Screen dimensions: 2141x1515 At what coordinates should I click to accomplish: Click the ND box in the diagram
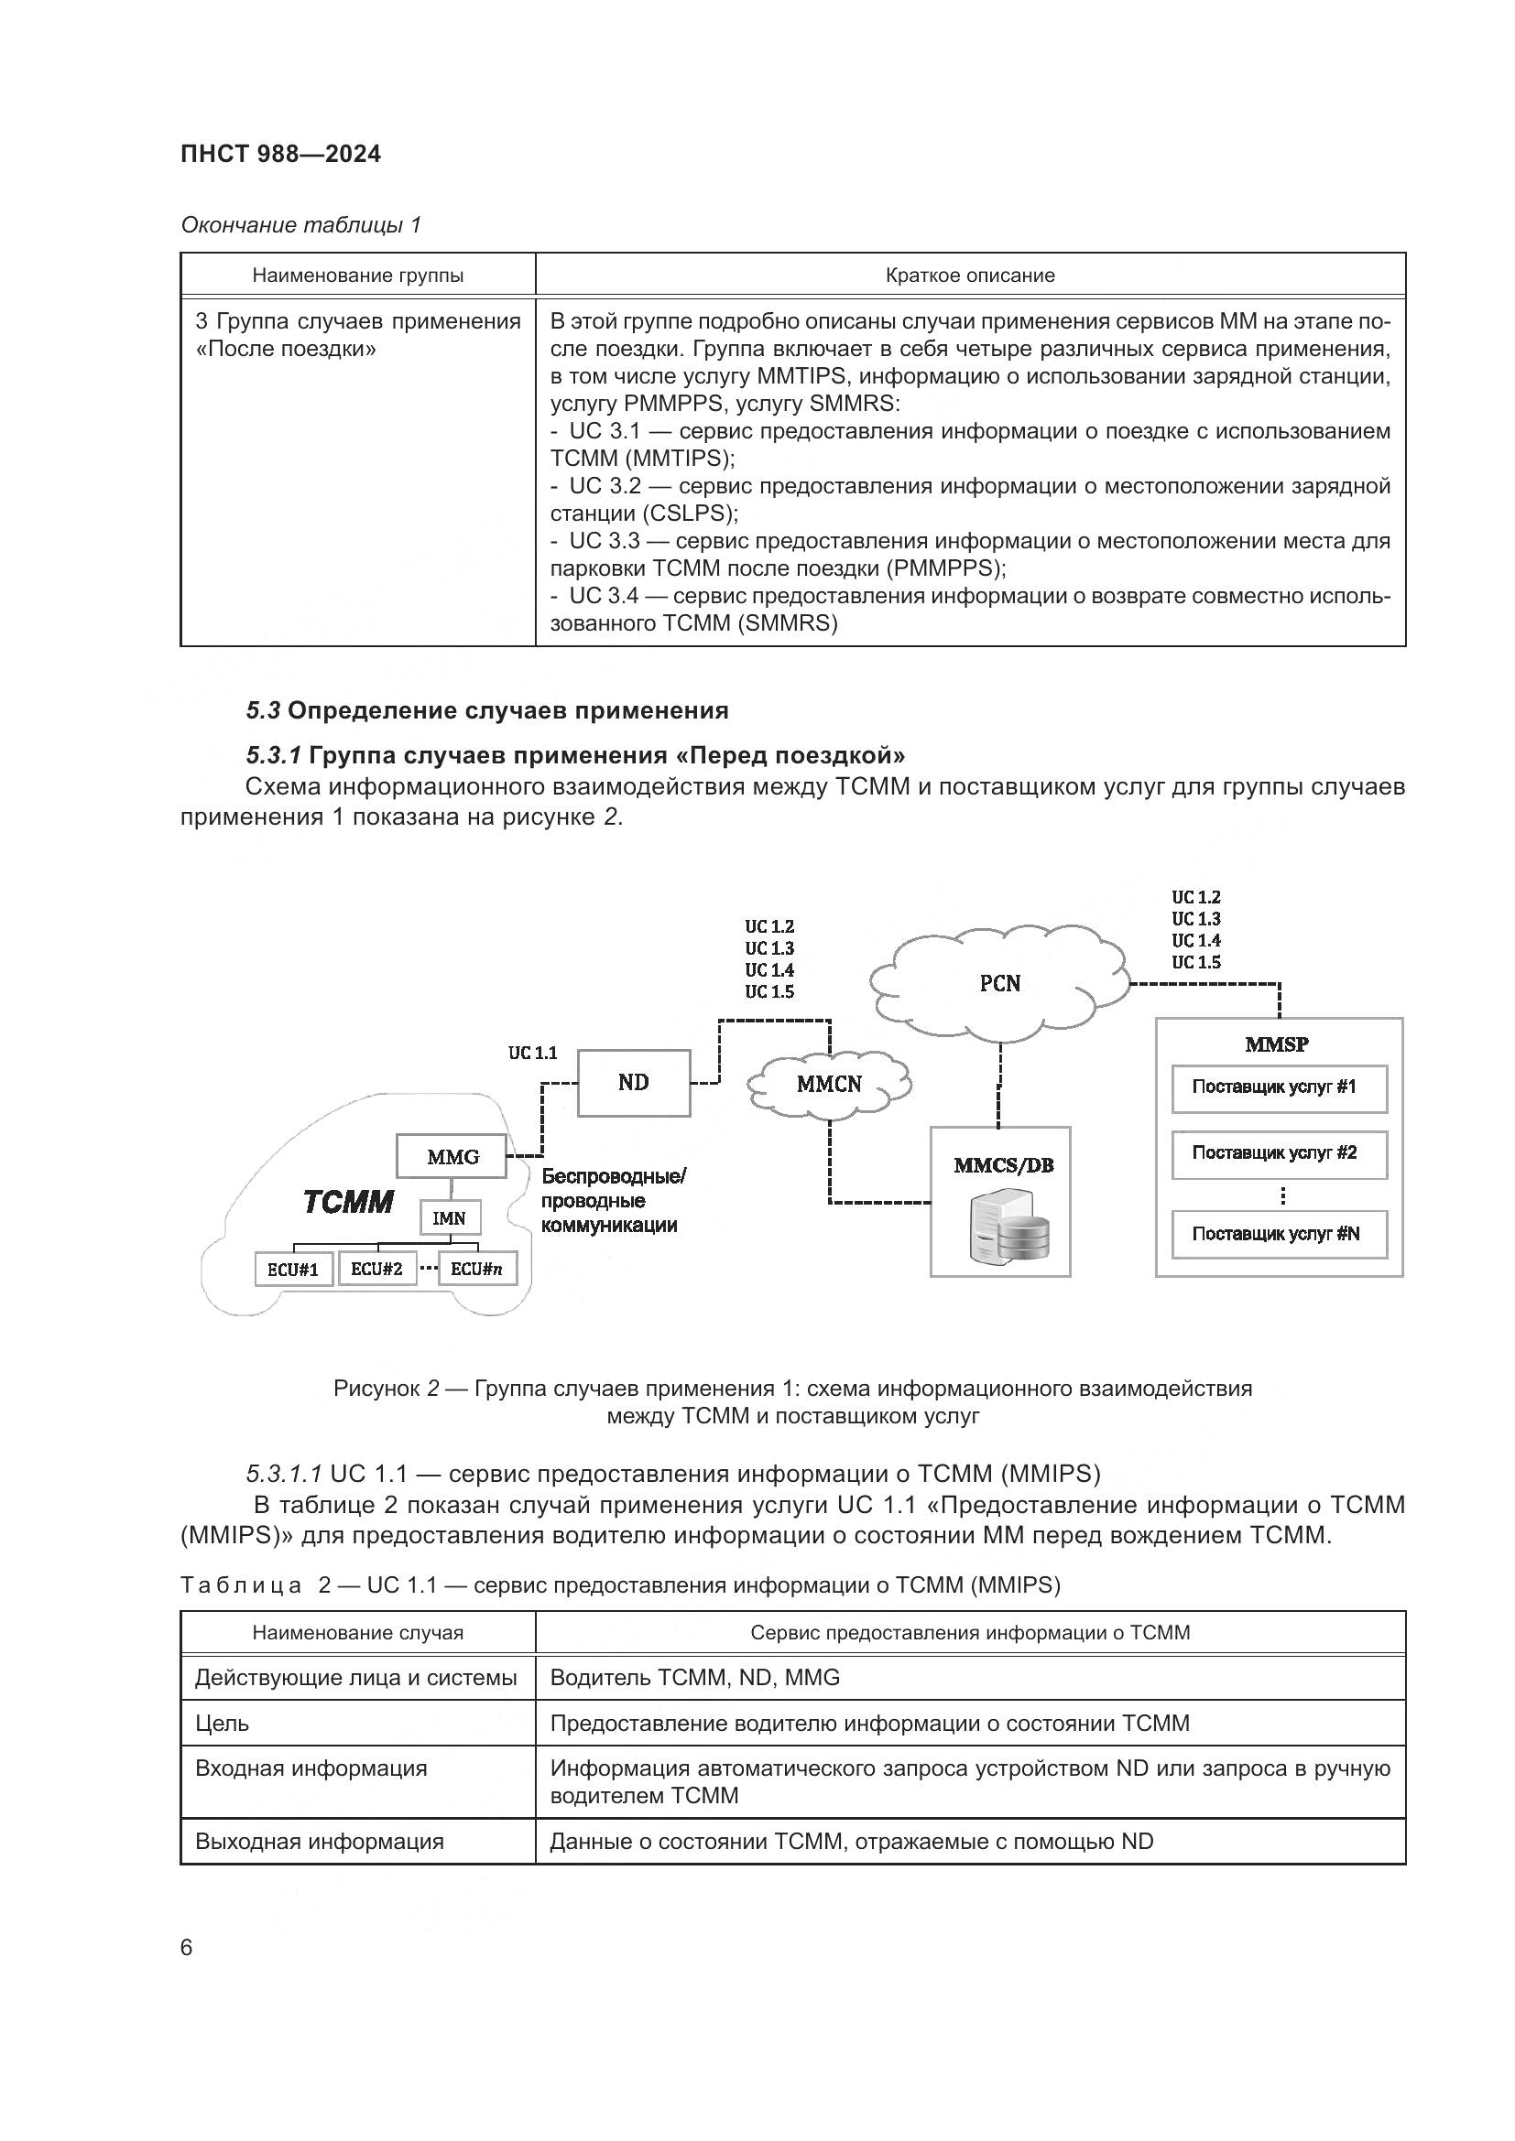coord(634,1083)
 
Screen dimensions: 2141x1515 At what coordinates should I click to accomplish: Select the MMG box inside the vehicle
coord(452,1156)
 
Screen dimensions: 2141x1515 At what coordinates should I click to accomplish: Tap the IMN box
coord(450,1217)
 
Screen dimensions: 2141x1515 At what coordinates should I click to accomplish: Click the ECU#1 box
coord(293,1269)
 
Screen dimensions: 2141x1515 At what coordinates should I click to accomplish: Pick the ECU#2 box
coord(376,1268)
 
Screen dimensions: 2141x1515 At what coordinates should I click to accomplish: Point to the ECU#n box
coord(476,1268)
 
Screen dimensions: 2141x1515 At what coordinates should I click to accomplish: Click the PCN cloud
coord(1000,983)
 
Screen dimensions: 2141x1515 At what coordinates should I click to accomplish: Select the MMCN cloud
coord(829,1084)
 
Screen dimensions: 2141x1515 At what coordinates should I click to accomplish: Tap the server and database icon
coord(1001,1231)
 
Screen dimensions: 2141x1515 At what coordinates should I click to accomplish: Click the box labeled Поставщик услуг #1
coord(1279,1088)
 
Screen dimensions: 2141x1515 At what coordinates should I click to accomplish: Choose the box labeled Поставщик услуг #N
coord(1279,1234)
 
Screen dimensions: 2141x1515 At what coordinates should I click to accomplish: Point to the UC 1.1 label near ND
coord(533,1053)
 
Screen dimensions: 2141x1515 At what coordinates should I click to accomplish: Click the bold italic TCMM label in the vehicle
coord(348,1202)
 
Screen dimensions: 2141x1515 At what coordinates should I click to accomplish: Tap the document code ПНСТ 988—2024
coord(281,155)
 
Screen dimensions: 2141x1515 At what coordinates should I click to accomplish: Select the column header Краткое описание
coord(970,276)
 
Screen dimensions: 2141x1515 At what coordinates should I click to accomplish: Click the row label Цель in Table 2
coord(222,1724)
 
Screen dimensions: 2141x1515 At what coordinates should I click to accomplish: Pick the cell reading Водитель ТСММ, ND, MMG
coord(695,1678)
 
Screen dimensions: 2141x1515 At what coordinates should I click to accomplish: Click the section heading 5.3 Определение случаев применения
coord(487,710)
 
